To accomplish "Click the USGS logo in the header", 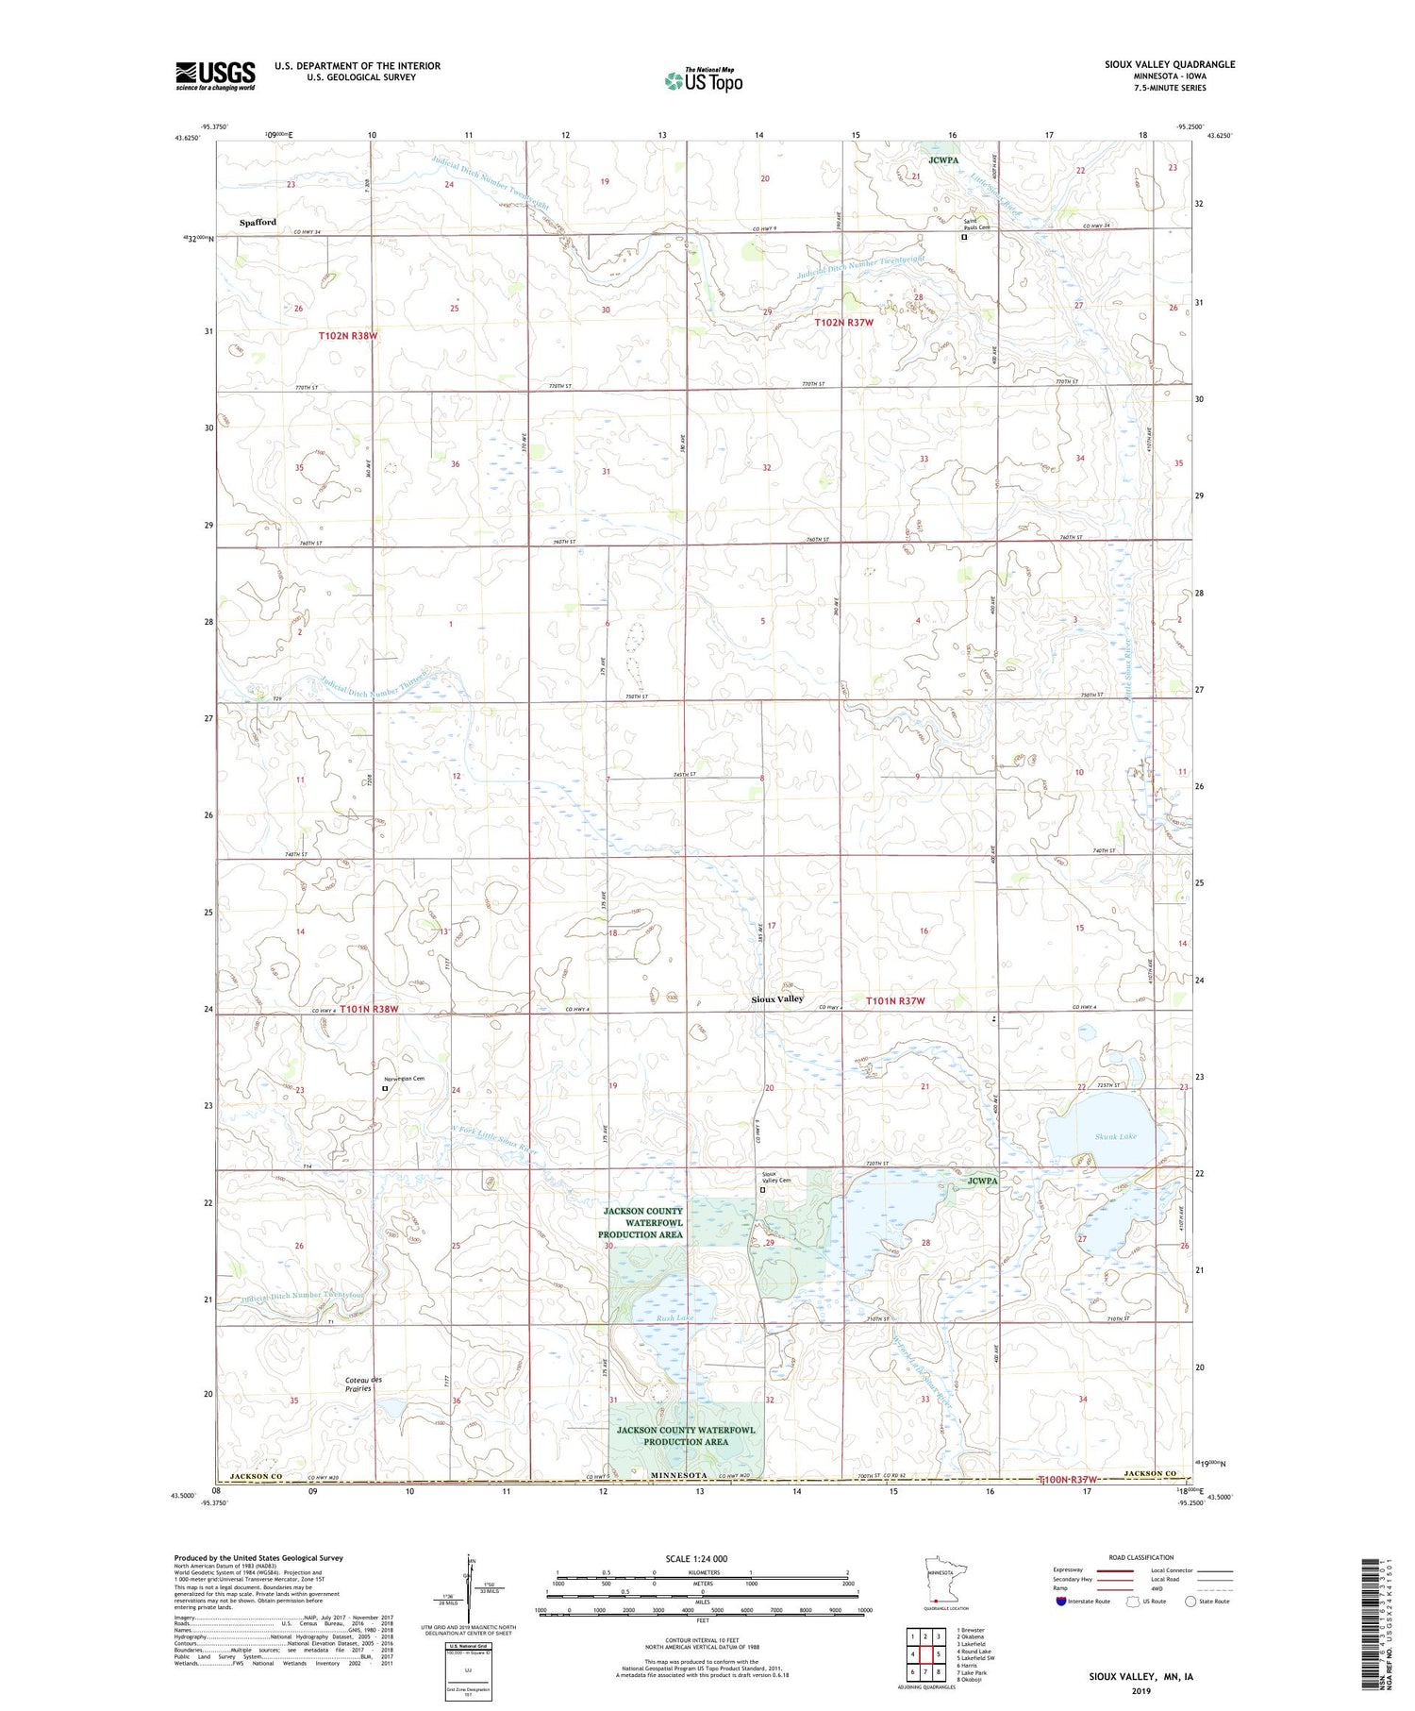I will (215, 75).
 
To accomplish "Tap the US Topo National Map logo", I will (703, 80).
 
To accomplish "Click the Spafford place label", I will (258, 223).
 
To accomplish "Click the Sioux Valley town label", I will (777, 998).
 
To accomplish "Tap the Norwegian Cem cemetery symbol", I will (384, 1088).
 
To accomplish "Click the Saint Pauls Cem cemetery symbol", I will (963, 238).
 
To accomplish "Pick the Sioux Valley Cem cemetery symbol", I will (762, 1190).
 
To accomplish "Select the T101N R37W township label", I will (894, 1000).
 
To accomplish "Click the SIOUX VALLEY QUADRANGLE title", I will (1170, 64).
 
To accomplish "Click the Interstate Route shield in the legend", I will (1061, 1601).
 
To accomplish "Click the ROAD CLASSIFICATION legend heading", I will (1141, 1557).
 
